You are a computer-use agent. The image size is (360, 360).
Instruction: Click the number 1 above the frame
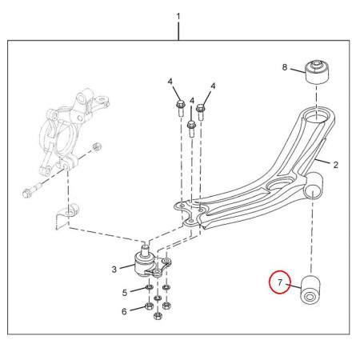(x=178, y=17)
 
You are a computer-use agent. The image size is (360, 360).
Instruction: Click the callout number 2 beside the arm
(x=335, y=165)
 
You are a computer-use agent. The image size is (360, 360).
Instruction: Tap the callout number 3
(x=114, y=270)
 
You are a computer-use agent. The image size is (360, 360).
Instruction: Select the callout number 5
(x=125, y=293)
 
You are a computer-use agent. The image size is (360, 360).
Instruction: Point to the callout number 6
(x=124, y=311)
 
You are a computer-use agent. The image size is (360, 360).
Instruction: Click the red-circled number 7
(x=280, y=282)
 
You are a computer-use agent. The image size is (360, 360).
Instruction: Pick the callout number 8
(x=285, y=67)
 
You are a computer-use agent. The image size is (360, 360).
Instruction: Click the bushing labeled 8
(x=317, y=72)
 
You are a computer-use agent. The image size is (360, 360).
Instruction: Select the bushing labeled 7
(x=310, y=290)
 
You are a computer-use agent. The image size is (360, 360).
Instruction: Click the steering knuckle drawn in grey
(x=70, y=134)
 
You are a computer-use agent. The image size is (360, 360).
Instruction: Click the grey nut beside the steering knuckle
(x=97, y=146)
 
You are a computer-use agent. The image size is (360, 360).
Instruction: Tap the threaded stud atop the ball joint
(x=145, y=250)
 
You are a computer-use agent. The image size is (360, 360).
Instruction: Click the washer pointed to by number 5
(x=149, y=288)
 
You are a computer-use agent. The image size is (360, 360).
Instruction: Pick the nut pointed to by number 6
(x=149, y=306)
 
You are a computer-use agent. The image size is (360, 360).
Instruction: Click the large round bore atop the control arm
(x=316, y=117)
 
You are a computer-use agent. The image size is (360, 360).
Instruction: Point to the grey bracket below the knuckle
(x=66, y=215)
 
